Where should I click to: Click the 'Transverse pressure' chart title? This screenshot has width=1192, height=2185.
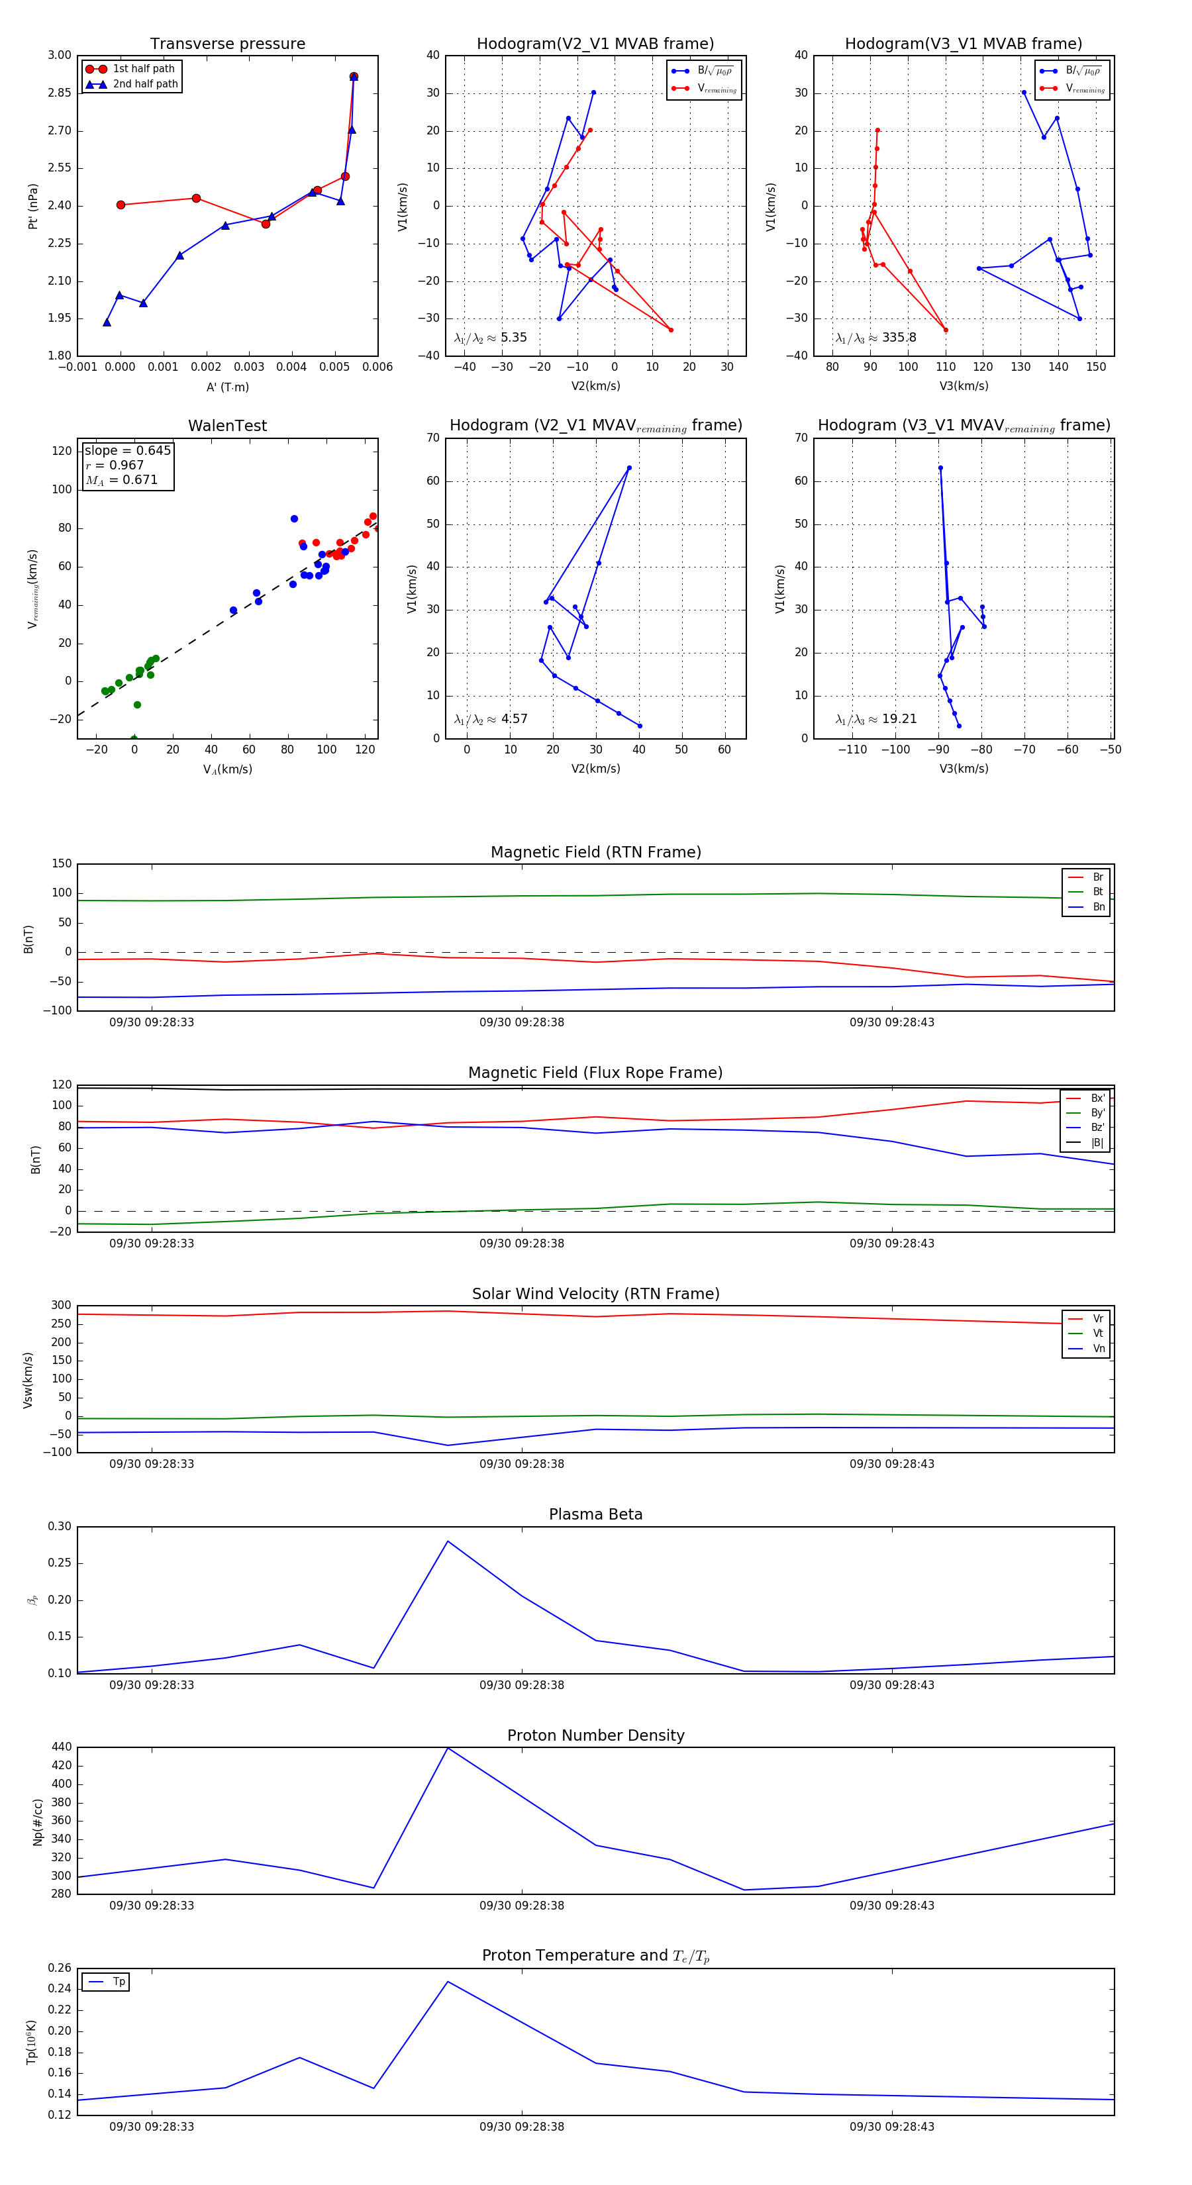click(227, 44)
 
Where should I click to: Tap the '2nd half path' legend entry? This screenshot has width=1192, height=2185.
click(145, 84)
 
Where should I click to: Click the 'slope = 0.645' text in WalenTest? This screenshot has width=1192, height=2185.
click(127, 450)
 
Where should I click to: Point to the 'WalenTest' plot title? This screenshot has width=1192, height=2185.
click(227, 426)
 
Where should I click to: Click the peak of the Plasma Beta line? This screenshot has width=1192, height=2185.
click(448, 1541)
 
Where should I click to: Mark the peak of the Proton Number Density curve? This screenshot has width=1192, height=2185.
click(448, 1748)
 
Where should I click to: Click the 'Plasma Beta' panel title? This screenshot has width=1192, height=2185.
click(595, 1514)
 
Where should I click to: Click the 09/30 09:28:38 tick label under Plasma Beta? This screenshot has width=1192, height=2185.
click(522, 1684)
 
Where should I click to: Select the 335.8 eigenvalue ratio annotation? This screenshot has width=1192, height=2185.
click(899, 338)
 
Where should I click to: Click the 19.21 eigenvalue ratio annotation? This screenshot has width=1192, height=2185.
click(899, 719)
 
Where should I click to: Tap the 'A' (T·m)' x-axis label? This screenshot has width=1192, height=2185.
click(227, 387)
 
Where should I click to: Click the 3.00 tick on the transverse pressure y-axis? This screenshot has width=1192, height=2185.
click(60, 55)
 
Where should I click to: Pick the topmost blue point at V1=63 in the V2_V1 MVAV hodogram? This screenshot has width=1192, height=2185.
click(628, 468)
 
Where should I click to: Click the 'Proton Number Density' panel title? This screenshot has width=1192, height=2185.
click(595, 1735)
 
